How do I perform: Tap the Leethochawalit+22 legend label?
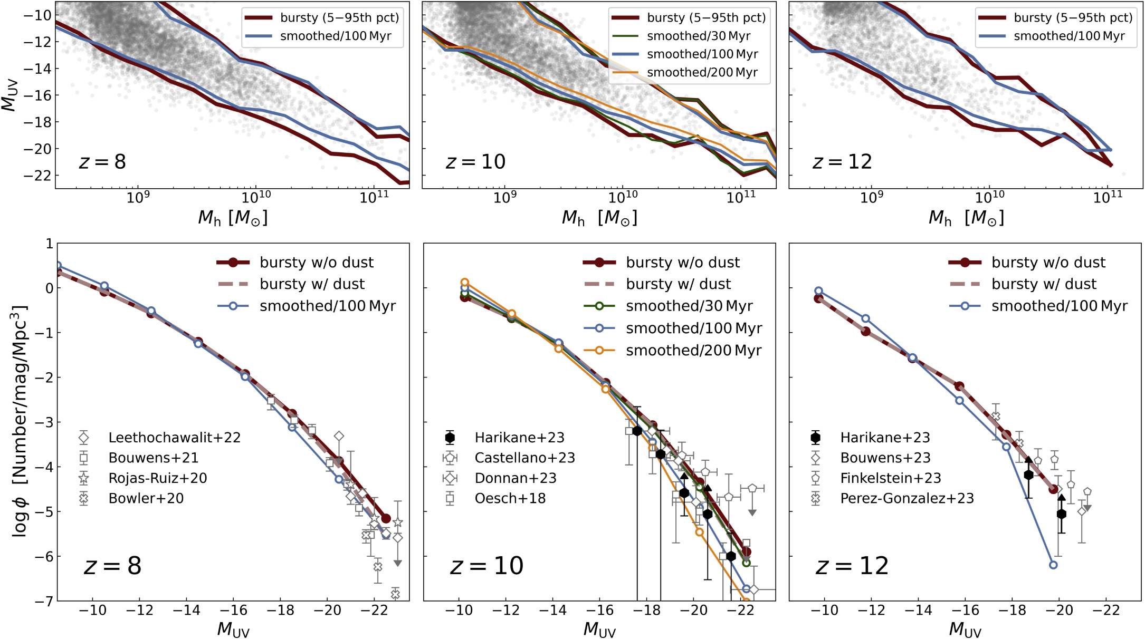[174, 438]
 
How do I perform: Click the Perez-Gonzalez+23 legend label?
[907, 498]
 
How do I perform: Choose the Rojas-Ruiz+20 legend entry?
[157, 478]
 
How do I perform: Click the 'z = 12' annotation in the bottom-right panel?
[852, 566]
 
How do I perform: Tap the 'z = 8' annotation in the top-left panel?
[102, 161]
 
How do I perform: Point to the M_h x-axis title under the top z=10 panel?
[599, 218]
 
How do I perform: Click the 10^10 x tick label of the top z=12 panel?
[990, 197]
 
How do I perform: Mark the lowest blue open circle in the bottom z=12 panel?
[1053, 565]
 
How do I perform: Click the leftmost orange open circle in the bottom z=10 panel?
[465, 283]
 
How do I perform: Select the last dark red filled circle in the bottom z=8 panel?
[386, 519]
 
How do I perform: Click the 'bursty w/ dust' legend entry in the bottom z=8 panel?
[291, 284]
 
